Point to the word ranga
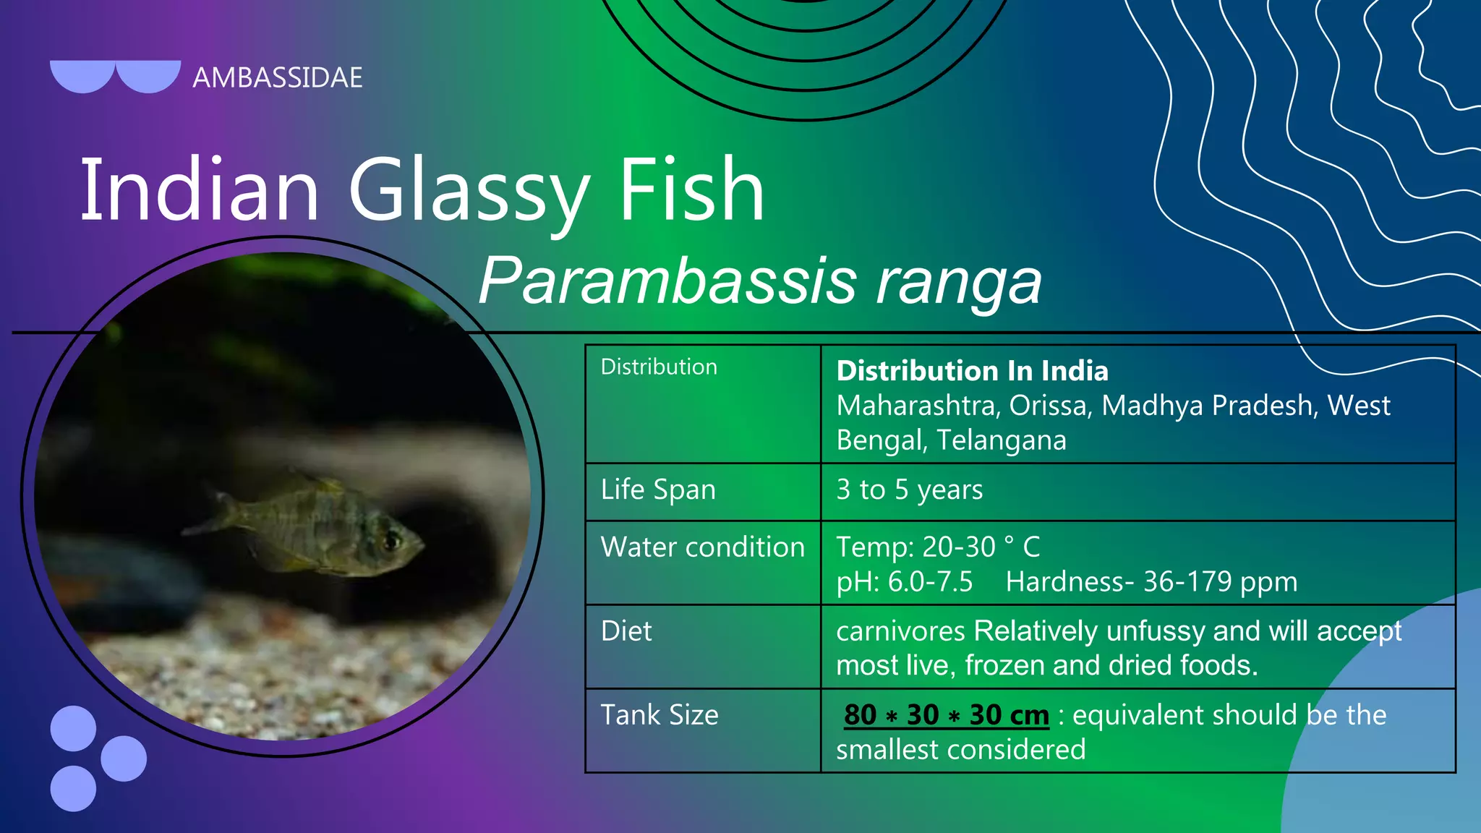pyautogui.click(x=959, y=282)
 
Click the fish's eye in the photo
pyautogui.click(x=393, y=539)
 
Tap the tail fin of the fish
pyautogui.click(x=217, y=510)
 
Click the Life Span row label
pyautogui.click(x=658, y=490)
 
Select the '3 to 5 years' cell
pyautogui.click(x=909, y=490)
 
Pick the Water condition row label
pyautogui.click(x=702, y=547)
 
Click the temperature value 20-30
pyautogui.click(x=959, y=547)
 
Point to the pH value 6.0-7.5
pyautogui.click(x=930, y=582)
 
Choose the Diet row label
pyautogui.click(x=626, y=631)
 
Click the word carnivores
pyautogui.click(x=900, y=631)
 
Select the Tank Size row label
pyautogui.click(x=660, y=715)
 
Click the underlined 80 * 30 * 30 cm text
pyautogui.click(x=946, y=715)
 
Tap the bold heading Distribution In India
pyautogui.click(x=972, y=371)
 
